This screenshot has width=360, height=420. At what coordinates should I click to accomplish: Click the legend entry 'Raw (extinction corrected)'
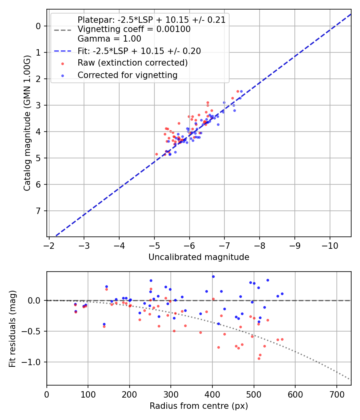coord(132,63)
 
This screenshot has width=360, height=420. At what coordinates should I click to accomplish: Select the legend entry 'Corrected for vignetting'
coord(128,75)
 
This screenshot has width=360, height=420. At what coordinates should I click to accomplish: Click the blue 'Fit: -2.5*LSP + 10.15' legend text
coord(139,51)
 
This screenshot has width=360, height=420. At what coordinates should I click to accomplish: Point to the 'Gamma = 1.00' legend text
coord(109,39)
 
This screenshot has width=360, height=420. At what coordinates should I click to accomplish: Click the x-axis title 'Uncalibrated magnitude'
coord(199,257)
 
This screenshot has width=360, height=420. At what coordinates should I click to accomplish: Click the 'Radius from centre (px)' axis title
coord(199,406)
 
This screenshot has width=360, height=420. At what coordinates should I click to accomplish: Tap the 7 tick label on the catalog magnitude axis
coord(38,211)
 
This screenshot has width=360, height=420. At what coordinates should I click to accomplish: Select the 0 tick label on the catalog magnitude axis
coord(38,26)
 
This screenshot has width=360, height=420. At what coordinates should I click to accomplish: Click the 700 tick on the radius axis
coord(336,394)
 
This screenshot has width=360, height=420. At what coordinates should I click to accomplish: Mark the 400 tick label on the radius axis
coord(212,394)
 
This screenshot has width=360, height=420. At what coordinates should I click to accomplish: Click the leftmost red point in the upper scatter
coord(156,154)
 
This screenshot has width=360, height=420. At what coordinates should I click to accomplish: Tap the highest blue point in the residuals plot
coord(213,276)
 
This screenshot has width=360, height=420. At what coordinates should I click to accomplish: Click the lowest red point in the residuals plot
coord(259,358)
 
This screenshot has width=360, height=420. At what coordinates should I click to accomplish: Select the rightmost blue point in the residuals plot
coord(282,294)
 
